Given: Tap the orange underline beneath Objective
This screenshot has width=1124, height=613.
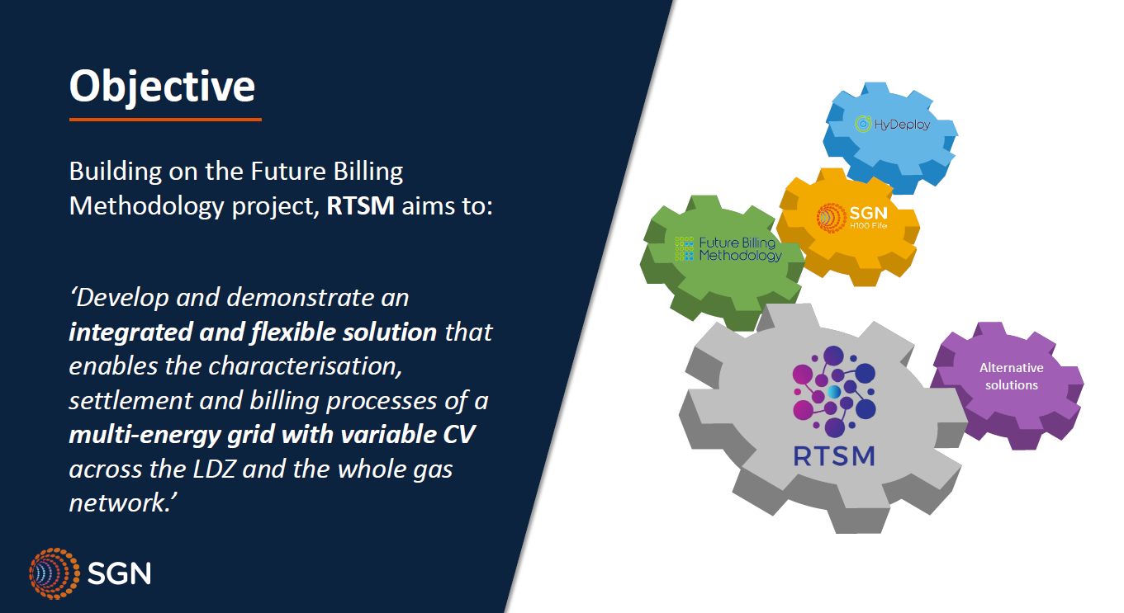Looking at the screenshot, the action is (x=166, y=120).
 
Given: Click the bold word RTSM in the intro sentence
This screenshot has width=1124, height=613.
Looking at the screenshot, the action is (x=360, y=206).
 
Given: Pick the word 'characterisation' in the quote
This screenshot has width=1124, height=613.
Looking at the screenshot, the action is (x=305, y=366).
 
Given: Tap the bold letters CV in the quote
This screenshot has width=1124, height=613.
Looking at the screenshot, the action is (x=458, y=435).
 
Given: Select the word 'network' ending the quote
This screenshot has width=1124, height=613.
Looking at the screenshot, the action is (x=119, y=503).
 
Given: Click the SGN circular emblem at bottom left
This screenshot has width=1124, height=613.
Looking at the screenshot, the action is (x=55, y=573).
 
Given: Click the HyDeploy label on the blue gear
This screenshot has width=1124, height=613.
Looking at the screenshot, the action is (x=902, y=125).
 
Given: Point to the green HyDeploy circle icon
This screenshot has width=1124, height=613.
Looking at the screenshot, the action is (x=863, y=124).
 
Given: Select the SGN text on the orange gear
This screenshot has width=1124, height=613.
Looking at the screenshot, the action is (x=868, y=213).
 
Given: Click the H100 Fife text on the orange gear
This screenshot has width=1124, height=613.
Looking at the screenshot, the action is (x=868, y=226).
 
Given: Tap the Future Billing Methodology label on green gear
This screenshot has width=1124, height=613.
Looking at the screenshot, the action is (x=740, y=250).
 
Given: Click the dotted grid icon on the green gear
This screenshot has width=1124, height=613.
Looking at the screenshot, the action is (x=685, y=249).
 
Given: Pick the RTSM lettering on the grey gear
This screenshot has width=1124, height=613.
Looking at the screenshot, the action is (x=834, y=456).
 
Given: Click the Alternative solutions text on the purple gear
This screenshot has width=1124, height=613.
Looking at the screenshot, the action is (x=1011, y=376).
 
